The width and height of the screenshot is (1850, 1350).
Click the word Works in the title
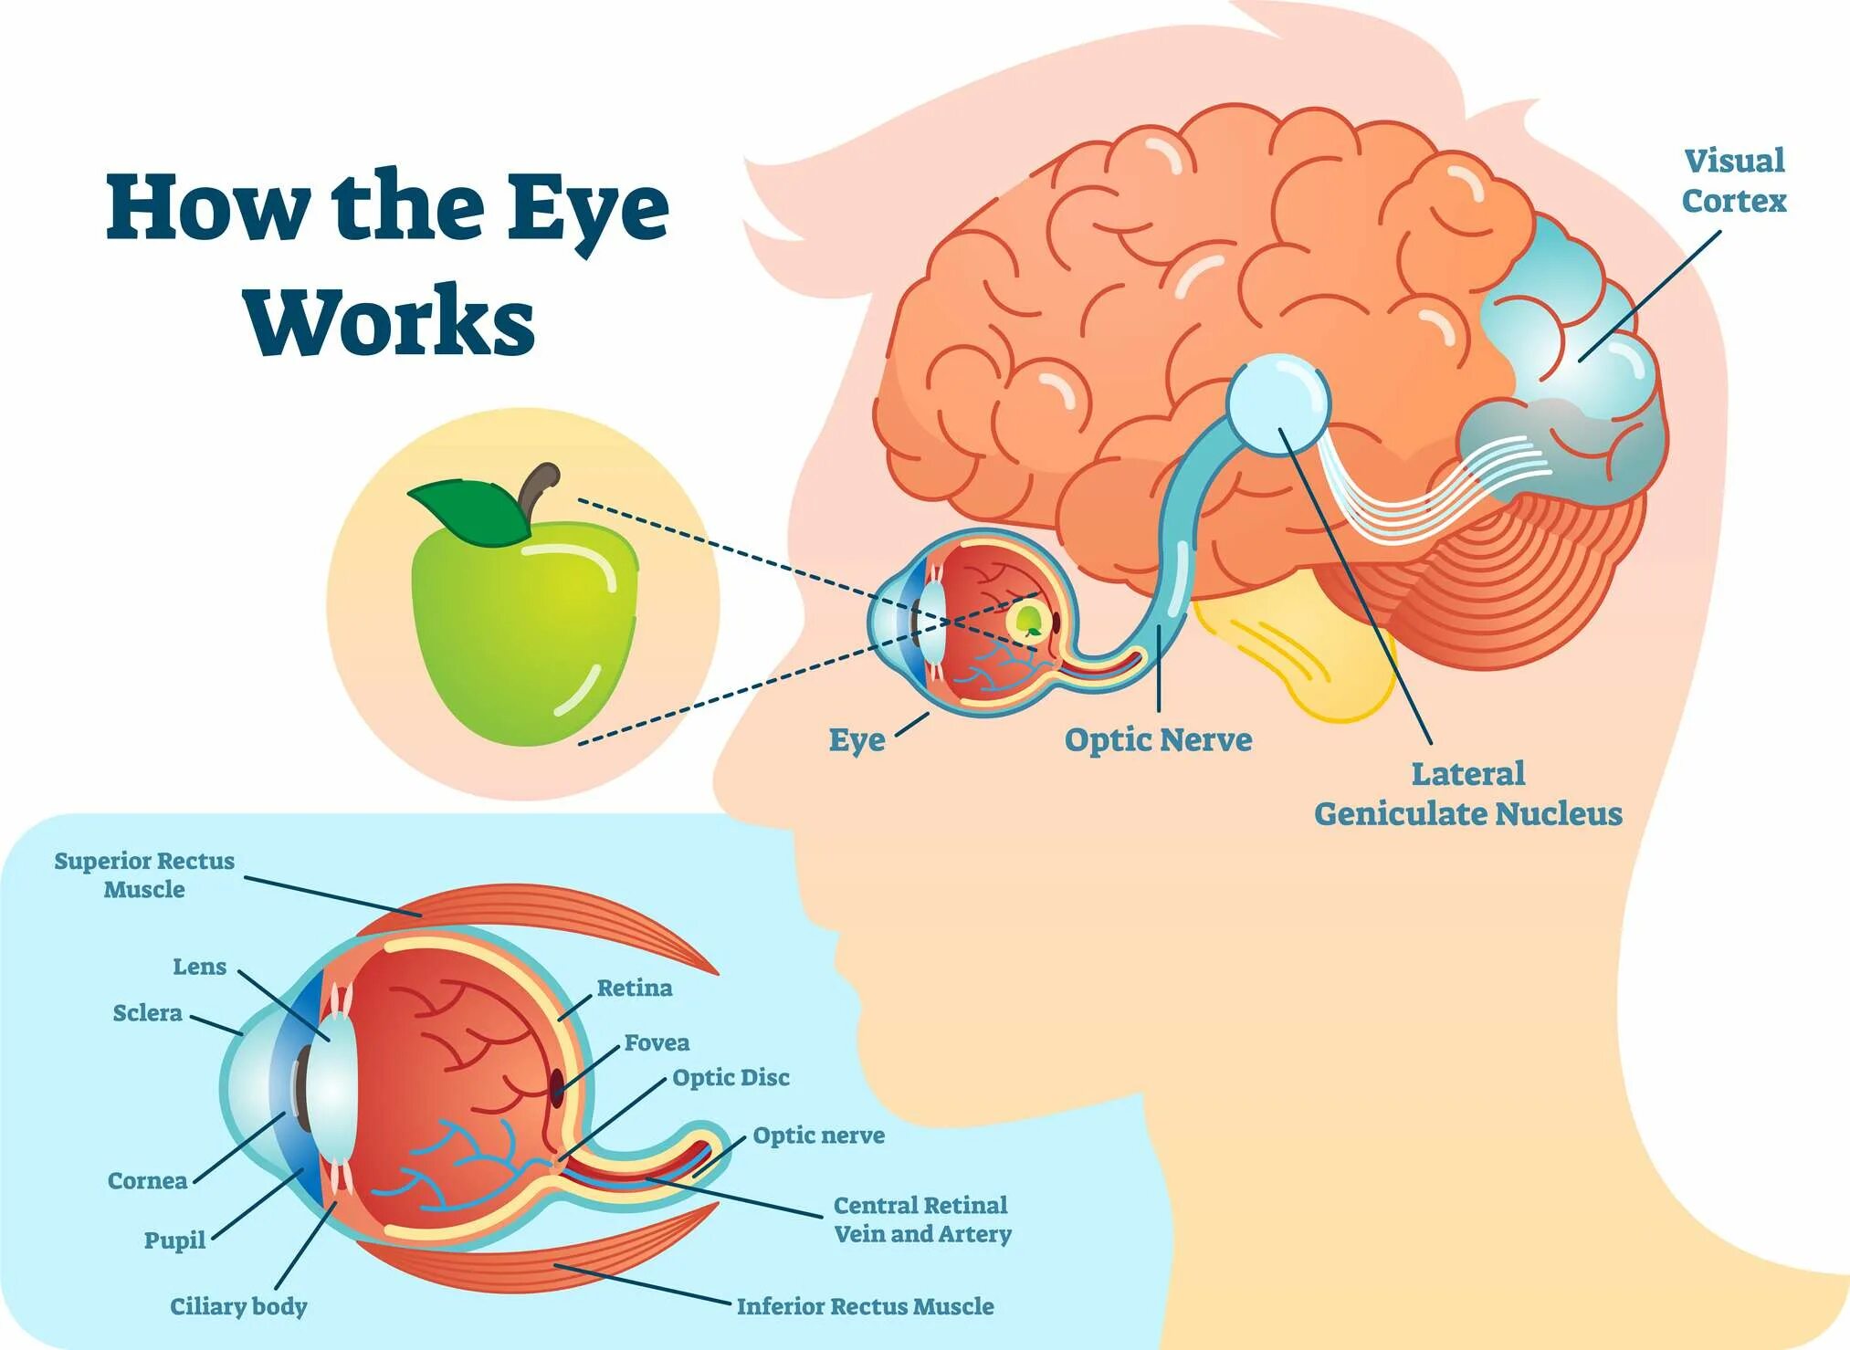point(389,321)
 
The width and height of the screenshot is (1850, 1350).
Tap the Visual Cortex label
point(1733,181)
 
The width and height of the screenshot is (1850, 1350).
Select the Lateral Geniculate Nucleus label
point(1467,794)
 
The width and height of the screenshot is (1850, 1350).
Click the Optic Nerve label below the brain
point(1158,739)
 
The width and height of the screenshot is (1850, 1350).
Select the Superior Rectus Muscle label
point(144,874)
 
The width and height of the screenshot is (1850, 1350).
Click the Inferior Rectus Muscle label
point(865,1306)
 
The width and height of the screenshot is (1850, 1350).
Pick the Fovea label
point(657,1042)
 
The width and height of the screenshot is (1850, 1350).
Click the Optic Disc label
point(731,1077)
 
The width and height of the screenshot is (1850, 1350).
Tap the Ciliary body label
point(238,1306)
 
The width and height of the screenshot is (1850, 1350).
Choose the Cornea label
point(147,1180)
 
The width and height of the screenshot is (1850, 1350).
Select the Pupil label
point(174,1240)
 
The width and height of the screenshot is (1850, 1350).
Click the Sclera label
point(147,1012)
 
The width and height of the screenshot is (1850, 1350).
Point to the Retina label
point(634,988)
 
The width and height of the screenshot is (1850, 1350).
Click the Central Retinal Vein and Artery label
point(921,1219)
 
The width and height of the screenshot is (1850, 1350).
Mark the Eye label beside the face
point(857,739)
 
